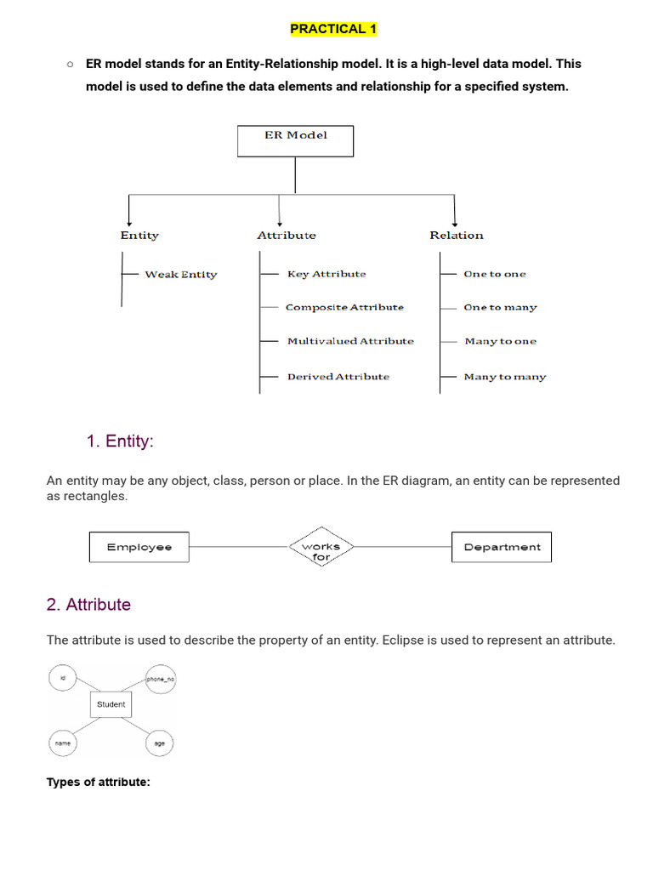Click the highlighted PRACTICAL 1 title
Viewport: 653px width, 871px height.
[x=333, y=29]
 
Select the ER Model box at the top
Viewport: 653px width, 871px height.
[x=295, y=141]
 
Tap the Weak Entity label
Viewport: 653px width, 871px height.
[x=180, y=275]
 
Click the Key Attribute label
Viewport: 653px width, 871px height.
[x=326, y=274]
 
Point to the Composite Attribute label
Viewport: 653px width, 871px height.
[x=344, y=307]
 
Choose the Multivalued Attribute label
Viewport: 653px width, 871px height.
[x=350, y=341]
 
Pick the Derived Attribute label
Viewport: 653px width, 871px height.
[x=338, y=376]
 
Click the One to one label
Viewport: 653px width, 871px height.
[x=494, y=274]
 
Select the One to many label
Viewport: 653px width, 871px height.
[x=500, y=308]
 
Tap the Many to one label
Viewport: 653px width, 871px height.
[x=500, y=341]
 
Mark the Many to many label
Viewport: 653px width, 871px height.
[x=504, y=377]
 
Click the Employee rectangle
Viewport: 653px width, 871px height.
[x=139, y=547]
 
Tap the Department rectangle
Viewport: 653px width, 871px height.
[x=501, y=547]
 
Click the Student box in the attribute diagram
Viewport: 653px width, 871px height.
[x=111, y=704]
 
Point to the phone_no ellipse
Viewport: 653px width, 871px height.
[x=160, y=679]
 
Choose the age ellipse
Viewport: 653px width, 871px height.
[x=159, y=743]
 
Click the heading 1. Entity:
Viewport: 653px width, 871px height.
[x=120, y=441]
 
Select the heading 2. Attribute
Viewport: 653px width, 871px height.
[x=88, y=605]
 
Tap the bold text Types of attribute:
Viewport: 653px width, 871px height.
[x=98, y=782]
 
